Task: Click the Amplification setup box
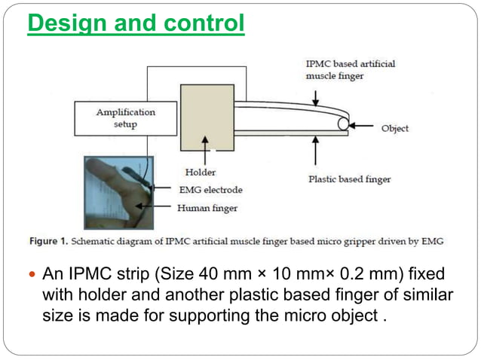pyautogui.click(x=125, y=118)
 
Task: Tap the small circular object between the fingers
pyautogui.click(x=343, y=124)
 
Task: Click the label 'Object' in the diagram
pyautogui.click(x=394, y=129)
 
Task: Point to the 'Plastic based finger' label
pyautogui.click(x=349, y=178)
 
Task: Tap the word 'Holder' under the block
pyautogui.click(x=200, y=172)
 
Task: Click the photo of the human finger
pyautogui.click(x=118, y=192)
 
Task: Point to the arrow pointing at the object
pyautogui.click(x=363, y=125)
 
